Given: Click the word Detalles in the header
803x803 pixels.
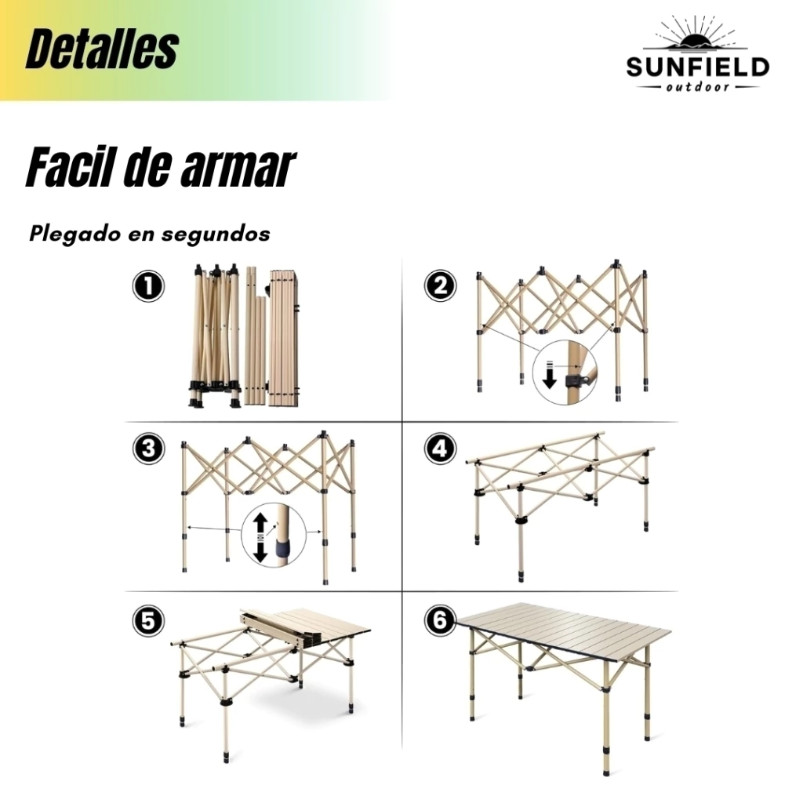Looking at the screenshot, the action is click(102, 49).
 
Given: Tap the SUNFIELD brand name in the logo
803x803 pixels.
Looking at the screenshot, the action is click(697, 67).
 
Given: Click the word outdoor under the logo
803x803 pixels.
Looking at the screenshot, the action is click(697, 87).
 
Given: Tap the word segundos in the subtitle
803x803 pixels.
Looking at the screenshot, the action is click(216, 234).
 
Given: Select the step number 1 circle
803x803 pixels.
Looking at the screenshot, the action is click(148, 285).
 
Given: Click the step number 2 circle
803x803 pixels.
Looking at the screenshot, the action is click(441, 285).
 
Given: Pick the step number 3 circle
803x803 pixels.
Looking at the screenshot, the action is click(148, 449).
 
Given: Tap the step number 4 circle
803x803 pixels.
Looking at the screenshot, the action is click(441, 449).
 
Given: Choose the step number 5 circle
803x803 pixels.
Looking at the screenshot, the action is click(148, 621).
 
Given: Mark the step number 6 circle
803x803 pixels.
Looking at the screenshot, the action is click(441, 621).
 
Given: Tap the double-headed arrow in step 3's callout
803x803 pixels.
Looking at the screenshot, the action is click(260, 539).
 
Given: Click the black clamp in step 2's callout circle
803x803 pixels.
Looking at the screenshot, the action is click(574, 380).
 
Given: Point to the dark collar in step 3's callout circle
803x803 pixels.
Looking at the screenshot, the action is click(282, 548).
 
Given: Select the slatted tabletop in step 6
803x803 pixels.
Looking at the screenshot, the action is click(564, 633).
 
